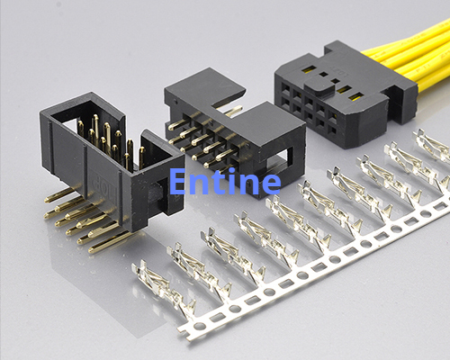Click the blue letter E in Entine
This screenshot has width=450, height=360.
click(x=179, y=182)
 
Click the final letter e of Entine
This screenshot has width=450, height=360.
click(x=271, y=184)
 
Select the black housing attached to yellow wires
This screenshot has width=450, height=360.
click(x=345, y=96)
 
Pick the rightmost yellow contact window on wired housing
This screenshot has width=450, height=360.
click(x=355, y=96)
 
